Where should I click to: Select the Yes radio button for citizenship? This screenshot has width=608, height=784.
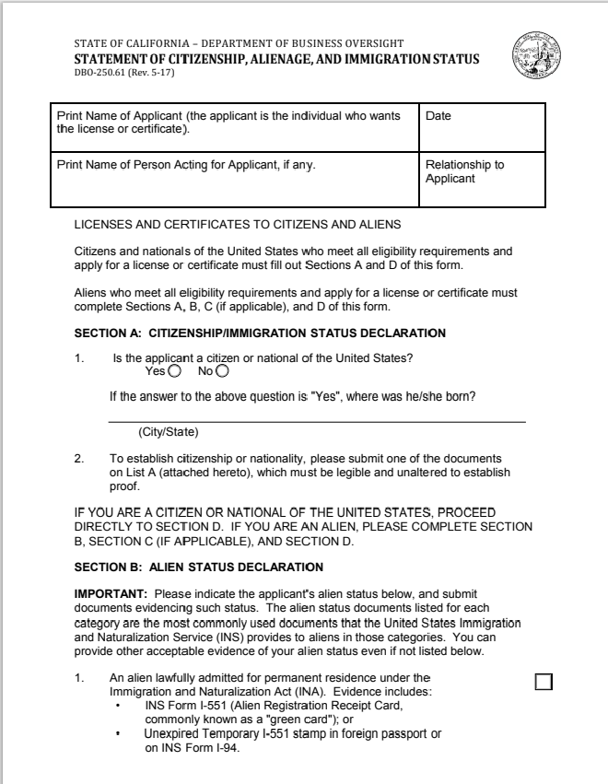point(175,371)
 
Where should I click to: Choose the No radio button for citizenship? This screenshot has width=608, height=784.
point(223,371)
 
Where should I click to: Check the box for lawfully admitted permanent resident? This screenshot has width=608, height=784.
point(544,681)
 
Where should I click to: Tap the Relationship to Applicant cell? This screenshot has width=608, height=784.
point(481,181)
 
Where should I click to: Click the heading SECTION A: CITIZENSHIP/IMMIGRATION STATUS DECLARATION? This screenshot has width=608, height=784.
point(260,333)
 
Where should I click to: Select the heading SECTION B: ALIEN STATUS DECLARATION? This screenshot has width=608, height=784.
point(198,567)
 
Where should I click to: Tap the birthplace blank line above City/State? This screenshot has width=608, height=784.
point(317,421)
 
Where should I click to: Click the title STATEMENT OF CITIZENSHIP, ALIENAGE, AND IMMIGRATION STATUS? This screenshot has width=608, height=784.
point(276,59)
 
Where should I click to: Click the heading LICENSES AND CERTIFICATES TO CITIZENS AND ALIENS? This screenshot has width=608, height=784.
point(237,225)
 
